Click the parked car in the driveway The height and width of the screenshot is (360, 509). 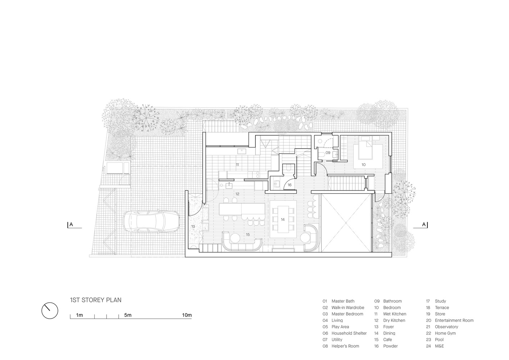(x=151, y=221)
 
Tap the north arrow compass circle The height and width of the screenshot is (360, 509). (x=50, y=311)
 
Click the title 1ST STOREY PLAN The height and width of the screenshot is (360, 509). (x=96, y=300)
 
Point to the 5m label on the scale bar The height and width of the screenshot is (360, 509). (x=128, y=315)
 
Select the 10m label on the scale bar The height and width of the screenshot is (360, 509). (x=187, y=315)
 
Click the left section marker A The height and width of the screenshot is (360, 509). (x=71, y=225)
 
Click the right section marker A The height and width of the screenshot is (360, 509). (x=424, y=225)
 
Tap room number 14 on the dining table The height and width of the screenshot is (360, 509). (x=283, y=220)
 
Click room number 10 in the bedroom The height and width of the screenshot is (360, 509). (x=364, y=165)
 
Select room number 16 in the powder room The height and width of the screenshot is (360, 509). (x=290, y=185)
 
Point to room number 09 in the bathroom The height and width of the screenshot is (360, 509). (x=328, y=153)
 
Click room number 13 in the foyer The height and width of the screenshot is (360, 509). (x=193, y=226)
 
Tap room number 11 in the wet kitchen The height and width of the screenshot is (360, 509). (x=237, y=165)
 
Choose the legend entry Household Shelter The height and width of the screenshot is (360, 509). (x=345, y=333)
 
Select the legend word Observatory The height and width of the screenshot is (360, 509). (x=446, y=327)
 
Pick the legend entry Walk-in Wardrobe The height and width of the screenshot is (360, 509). (x=343, y=308)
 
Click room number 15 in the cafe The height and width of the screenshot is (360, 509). (x=248, y=234)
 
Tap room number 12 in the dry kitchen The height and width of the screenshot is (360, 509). (x=237, y=194)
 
